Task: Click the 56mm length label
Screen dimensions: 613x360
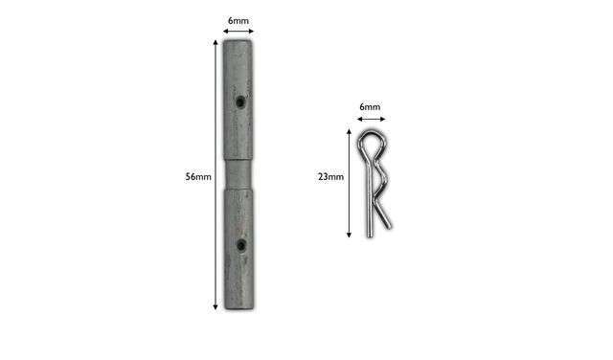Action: point(198,177)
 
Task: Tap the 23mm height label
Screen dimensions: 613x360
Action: point(330,177)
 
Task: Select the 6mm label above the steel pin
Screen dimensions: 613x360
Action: point(238,21)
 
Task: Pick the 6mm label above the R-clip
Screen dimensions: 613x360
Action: point(370,106)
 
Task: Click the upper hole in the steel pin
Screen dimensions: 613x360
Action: point(240,102)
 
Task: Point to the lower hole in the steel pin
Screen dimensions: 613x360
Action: point(241,245)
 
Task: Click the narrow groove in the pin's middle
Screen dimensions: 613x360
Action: point(238,174)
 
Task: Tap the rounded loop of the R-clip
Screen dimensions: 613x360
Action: point(373,143)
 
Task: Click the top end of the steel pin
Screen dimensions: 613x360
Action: point(238,40)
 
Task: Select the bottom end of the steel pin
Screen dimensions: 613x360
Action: point(239,309)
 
